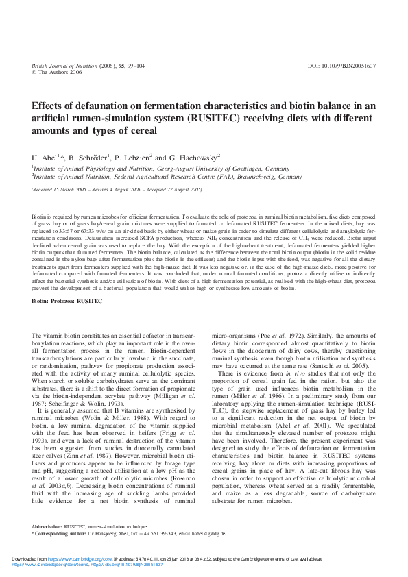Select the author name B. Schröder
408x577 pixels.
click(90, 157)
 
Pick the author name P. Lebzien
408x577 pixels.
click(143, 157)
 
